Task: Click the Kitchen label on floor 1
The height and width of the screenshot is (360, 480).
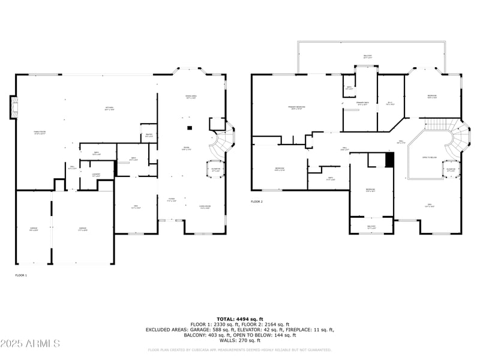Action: tap(109, 109)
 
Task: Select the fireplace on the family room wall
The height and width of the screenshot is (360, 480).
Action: tap(12, 107)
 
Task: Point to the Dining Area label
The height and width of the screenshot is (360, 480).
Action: tap(191, 97)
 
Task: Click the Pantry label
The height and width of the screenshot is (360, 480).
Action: tap(148, 136)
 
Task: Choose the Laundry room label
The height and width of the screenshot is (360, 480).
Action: tap(96, 175)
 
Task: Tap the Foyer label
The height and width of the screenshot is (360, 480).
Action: tap(172, 200)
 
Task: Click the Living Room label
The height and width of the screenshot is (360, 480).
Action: tap(205, 208)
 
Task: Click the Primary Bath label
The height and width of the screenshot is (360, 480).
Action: tap(362, 104)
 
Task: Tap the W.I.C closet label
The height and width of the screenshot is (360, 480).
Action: tap(389, 103)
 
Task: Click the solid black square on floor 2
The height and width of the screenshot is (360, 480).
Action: tap(389, 160)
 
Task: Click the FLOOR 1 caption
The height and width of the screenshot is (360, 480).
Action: tap(21, 275)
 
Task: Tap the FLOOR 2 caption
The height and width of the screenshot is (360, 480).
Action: tap(257, 202)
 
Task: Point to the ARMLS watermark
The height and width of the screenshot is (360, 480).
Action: tap(30, 344)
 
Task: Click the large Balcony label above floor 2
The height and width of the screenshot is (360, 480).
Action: tap(367, 56)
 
